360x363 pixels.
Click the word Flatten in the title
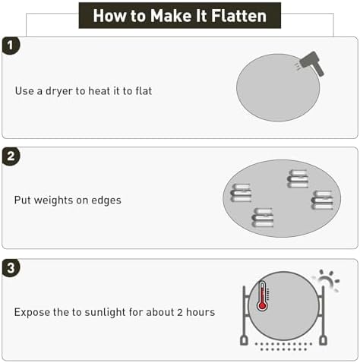click(238, 16)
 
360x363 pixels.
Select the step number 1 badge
click(11, 46)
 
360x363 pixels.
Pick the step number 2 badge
click(11, 156)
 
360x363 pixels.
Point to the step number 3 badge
click(11, 268)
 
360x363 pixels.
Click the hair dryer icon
click(311, 63)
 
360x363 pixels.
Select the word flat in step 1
click(144, 90)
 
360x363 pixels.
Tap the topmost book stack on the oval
click(298, 178)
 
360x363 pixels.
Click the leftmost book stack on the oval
click(241, 193)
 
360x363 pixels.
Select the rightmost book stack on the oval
click(322, 200)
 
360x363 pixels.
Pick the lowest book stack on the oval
click(263, 218)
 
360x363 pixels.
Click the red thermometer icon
click(262, 296)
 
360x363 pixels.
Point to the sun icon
click(327, 280)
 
